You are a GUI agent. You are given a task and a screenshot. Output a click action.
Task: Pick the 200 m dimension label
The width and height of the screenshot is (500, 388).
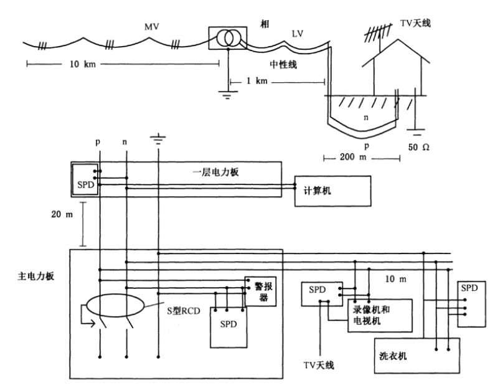click(361, 158)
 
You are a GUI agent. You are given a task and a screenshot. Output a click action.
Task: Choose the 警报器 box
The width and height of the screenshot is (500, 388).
click(261, 291)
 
